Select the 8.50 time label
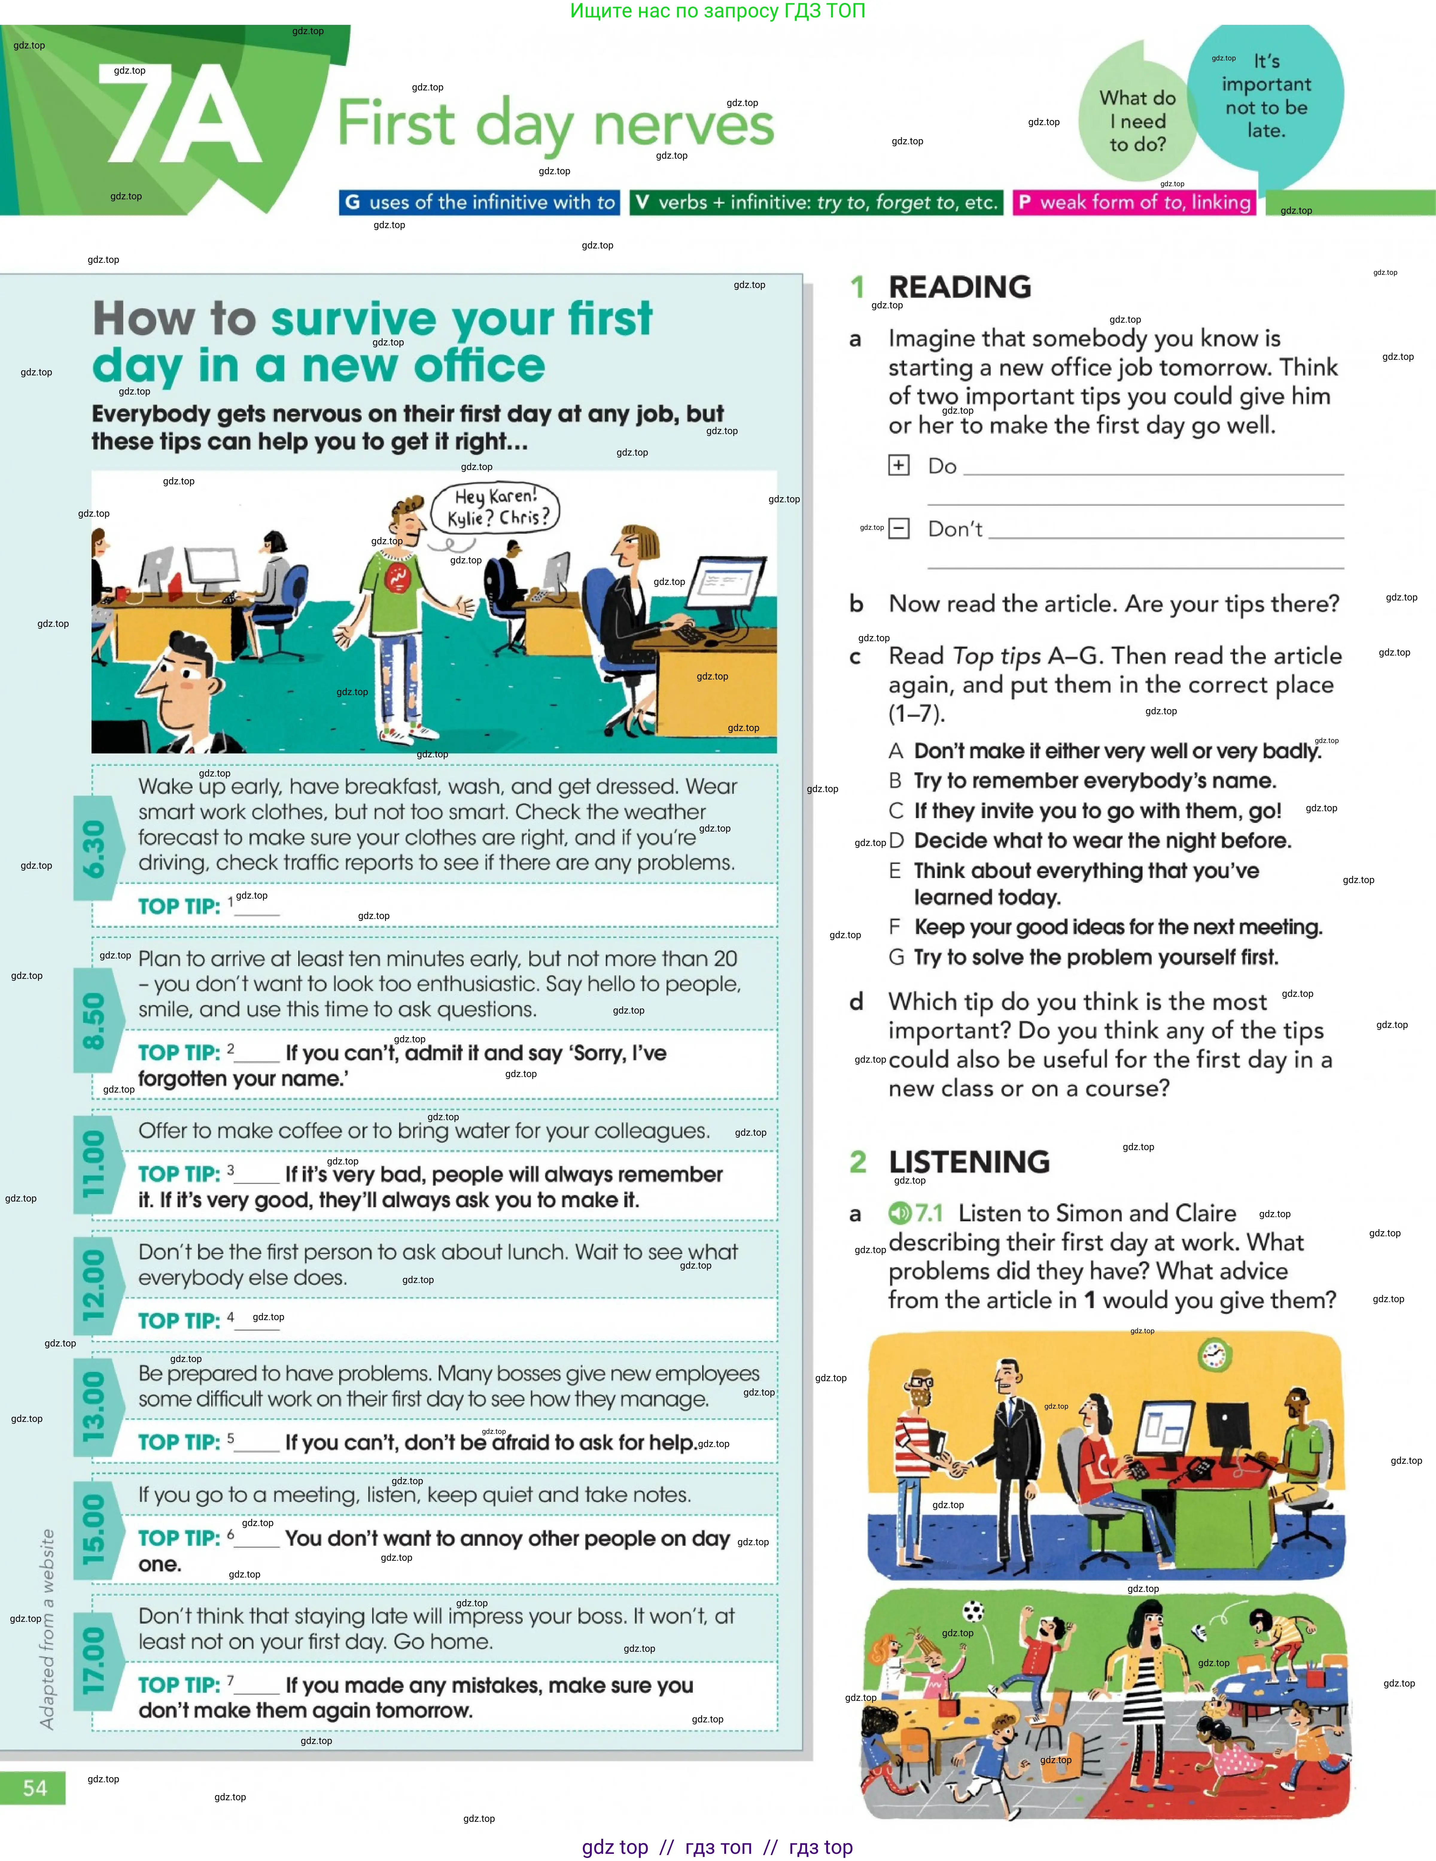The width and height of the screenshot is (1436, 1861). pyautogui.click(x=93, y=1020)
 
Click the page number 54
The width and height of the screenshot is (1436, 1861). pyautogui.click(x=34, y=1787)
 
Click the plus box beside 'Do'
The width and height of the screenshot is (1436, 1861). pyautogui.click(x=899, y=465)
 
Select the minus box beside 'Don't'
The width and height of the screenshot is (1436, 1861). pyautogui.click(x=899, y=528)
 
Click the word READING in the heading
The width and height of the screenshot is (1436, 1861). pyautogui.click(x=960, y=287)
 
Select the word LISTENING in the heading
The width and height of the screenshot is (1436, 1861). pyautogui.click(x=969, y=1162)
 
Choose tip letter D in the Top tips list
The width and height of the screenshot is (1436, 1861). pyautogui.click(x=896, y=841)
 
